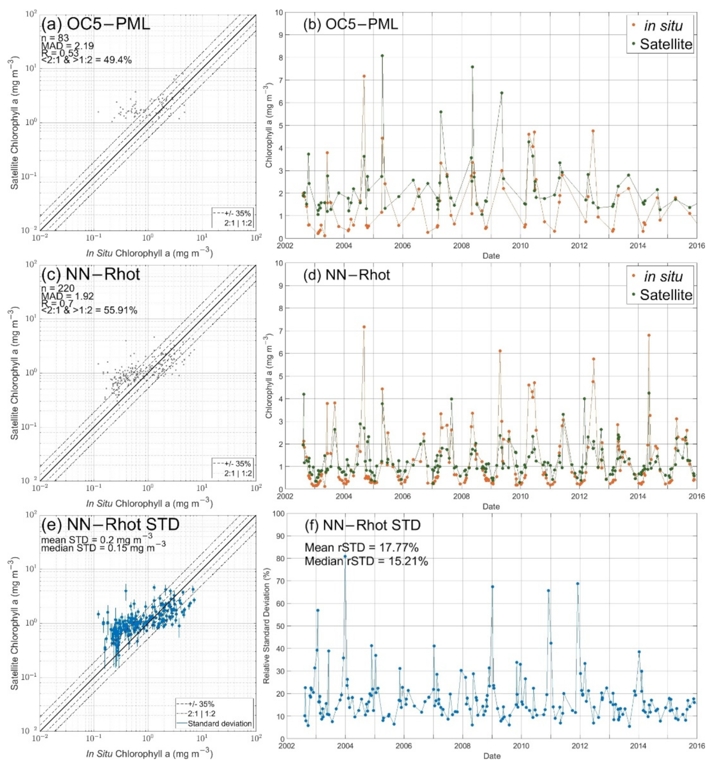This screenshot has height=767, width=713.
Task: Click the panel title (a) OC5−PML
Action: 95,24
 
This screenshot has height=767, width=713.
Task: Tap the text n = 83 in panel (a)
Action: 55,38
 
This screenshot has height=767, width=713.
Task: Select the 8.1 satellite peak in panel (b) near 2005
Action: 382,56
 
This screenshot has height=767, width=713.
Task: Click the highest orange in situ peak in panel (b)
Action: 364,76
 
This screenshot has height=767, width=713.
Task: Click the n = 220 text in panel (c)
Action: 58,288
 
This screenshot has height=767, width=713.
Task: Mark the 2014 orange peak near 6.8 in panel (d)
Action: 649,335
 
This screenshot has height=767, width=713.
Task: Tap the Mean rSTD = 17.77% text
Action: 361,548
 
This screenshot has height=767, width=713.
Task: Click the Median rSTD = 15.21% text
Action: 366,561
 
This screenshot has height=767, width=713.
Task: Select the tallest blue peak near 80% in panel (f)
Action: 345,556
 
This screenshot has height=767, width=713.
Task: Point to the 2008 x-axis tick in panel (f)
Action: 462,746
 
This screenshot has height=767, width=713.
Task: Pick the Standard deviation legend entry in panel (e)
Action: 219,723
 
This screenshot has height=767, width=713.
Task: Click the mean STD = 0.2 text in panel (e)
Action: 97,540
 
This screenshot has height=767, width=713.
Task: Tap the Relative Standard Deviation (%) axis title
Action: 267,628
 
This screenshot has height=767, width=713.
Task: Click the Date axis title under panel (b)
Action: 491,256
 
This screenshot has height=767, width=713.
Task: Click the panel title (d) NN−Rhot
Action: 346,275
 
